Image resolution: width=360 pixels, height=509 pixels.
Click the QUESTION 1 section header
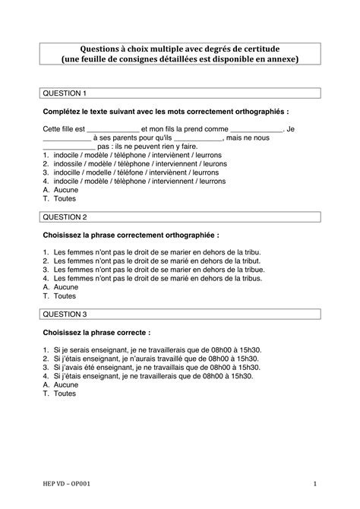click(65, 93)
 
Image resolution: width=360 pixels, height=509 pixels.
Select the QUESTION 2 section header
click(65, 217)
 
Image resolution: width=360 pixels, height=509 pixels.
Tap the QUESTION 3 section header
click(65, 313)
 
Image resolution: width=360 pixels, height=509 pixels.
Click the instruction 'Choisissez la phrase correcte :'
click(96, 332)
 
